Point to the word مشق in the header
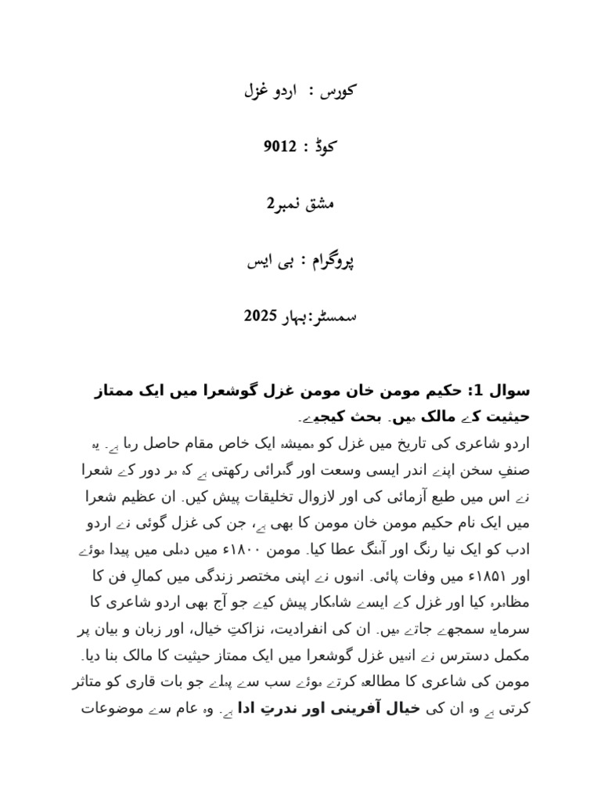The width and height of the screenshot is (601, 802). [x=318, y=204]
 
